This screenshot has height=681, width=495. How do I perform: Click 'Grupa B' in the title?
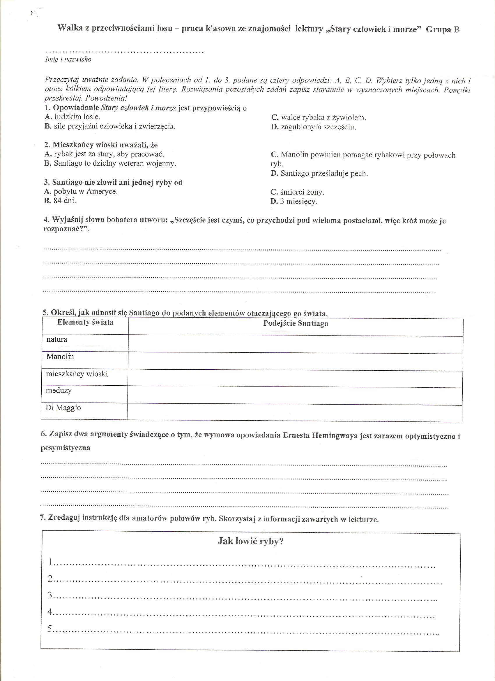pos(443,30)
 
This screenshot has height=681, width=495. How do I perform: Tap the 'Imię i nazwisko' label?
pos(68,59)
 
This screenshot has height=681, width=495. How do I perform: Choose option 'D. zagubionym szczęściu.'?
pos(313,127)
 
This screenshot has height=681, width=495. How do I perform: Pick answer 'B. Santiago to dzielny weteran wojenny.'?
pos(110,164)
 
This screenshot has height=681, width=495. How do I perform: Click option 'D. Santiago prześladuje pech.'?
pos(319,174)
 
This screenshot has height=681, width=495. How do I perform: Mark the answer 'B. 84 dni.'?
pos(60,201)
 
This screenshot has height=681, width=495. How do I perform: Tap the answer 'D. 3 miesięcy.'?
pos(294,202)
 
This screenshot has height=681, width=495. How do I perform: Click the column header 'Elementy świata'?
pos(85,322)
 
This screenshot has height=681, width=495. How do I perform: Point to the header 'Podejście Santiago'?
pos(296,323)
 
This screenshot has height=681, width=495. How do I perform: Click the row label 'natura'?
pos(57,339)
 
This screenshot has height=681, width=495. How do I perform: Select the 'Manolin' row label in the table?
pos(60,357)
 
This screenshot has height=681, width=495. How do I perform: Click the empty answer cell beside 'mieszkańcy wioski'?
pos(295,378)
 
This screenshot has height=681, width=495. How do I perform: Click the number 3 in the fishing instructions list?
pos(50,595)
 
